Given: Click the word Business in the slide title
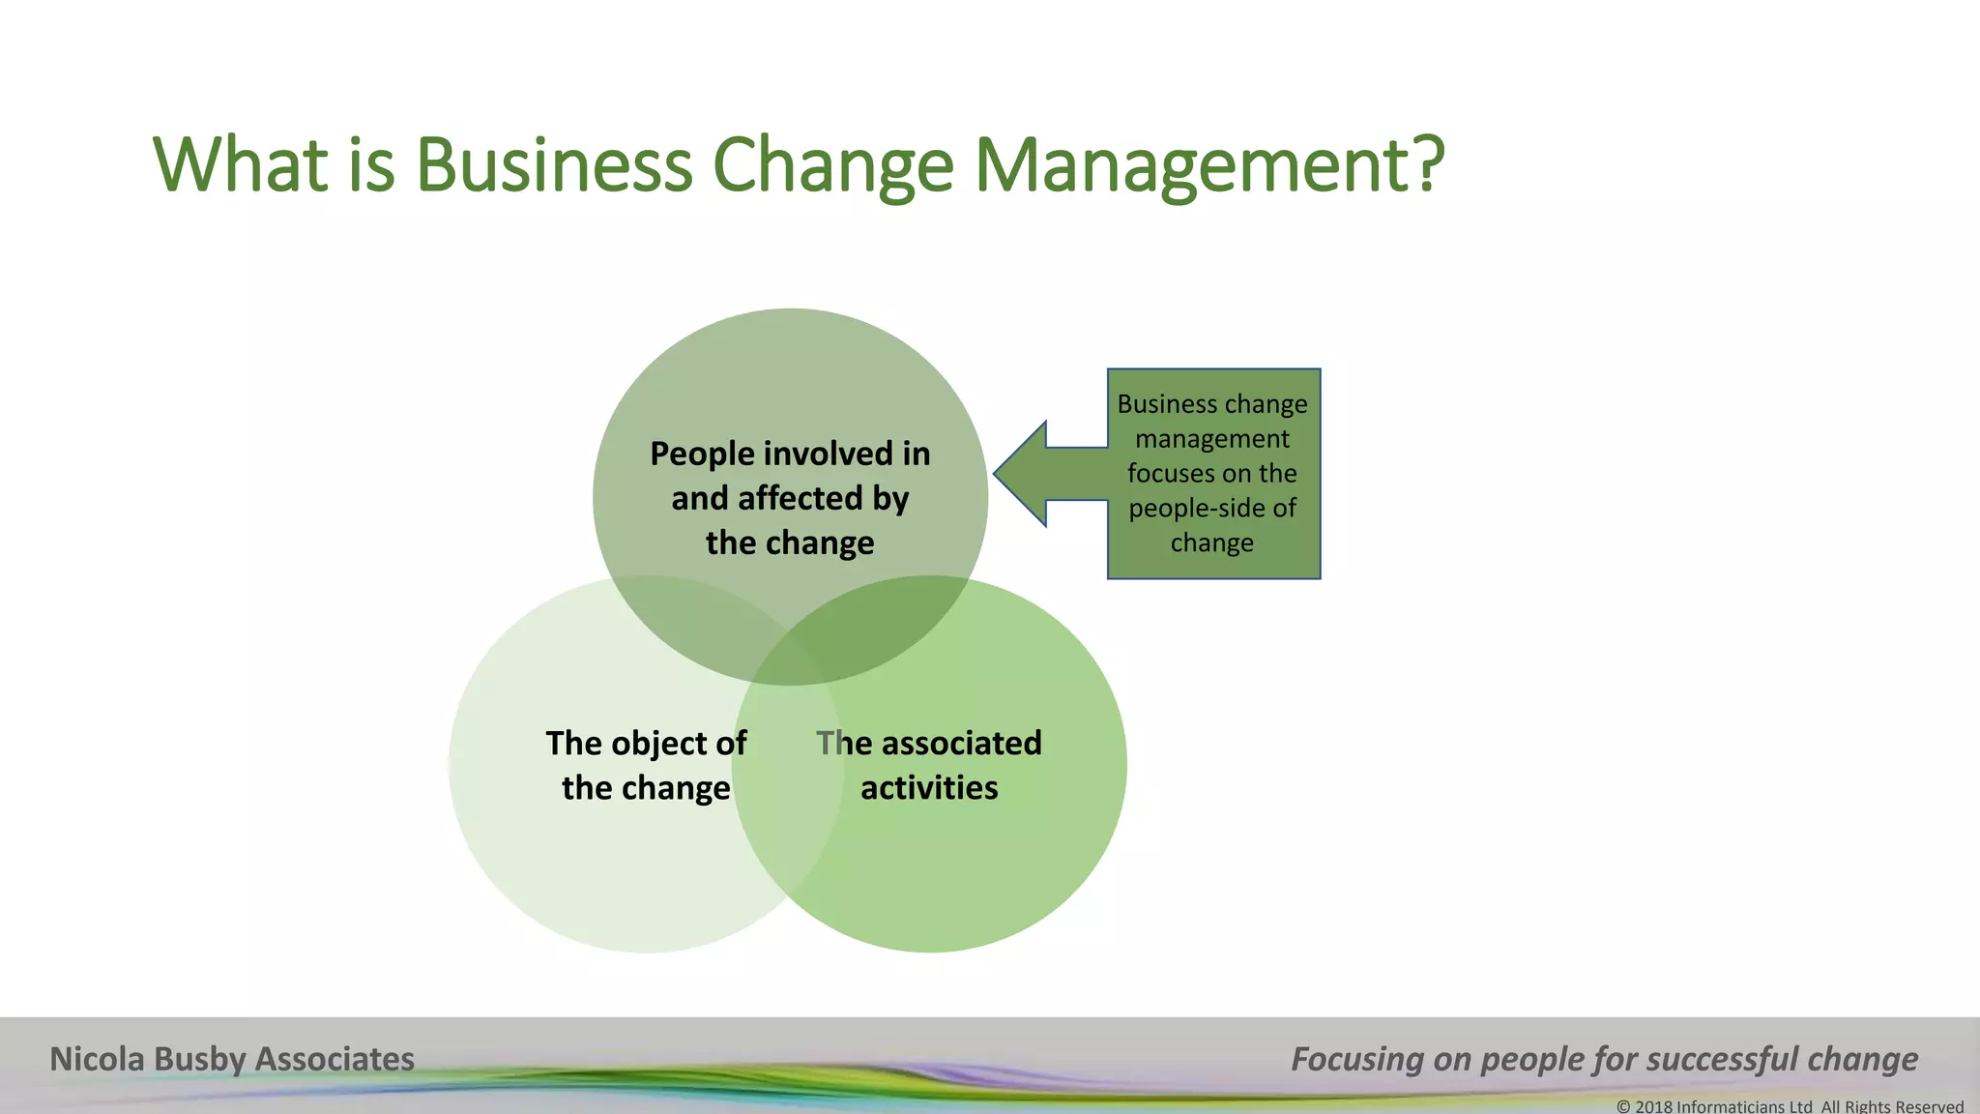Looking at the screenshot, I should tap(554, 164).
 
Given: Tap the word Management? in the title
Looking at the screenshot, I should tap(1208, 164).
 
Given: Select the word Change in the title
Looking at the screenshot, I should tap(832, 164).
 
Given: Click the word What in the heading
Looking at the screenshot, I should tap(242, 164).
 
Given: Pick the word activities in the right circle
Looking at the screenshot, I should tap(929, 787).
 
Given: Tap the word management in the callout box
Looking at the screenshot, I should tap(1212, 438).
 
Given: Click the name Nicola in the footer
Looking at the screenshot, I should tap(98, 1059).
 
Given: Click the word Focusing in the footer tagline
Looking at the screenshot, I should tap(1357, 1059).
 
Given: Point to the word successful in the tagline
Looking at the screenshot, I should tap(1722, 1059).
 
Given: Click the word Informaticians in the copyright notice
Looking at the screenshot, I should tap(1731, 1106).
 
